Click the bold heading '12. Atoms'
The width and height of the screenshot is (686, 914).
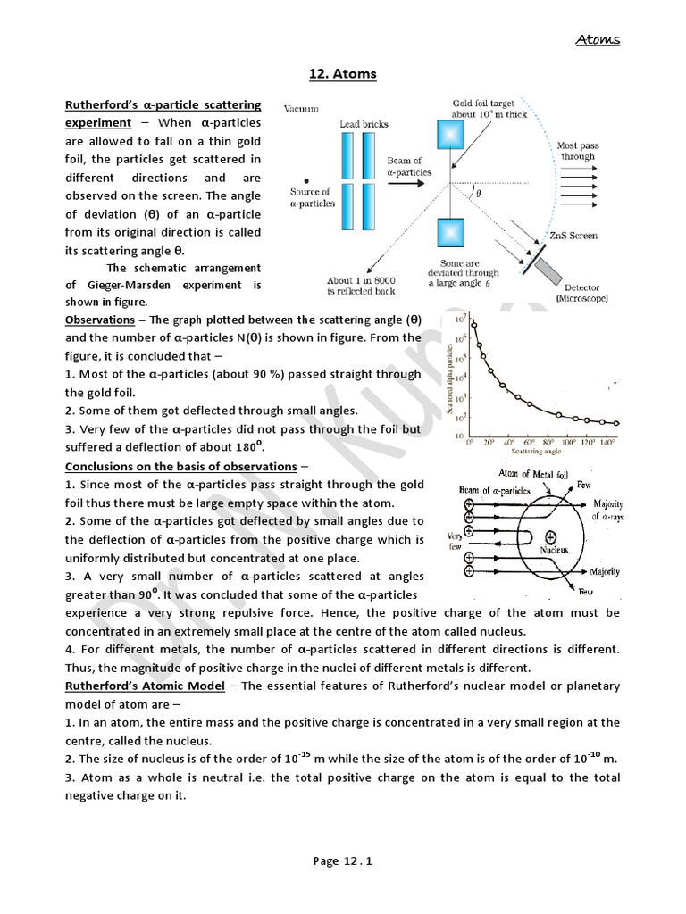coord(343,74)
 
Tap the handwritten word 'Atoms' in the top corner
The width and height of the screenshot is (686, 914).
coord(598,39)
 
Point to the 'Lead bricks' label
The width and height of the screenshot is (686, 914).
coord(364,124)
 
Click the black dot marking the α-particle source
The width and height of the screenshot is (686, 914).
coord(306,177)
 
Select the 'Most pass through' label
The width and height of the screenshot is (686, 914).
coord(578,150)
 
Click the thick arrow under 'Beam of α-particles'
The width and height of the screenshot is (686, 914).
coord(409,184)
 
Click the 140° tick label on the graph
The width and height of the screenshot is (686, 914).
coord(607,443)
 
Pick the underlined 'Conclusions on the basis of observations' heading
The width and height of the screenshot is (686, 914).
coord(181,466)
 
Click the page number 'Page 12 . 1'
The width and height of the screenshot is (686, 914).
coord(342,861)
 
